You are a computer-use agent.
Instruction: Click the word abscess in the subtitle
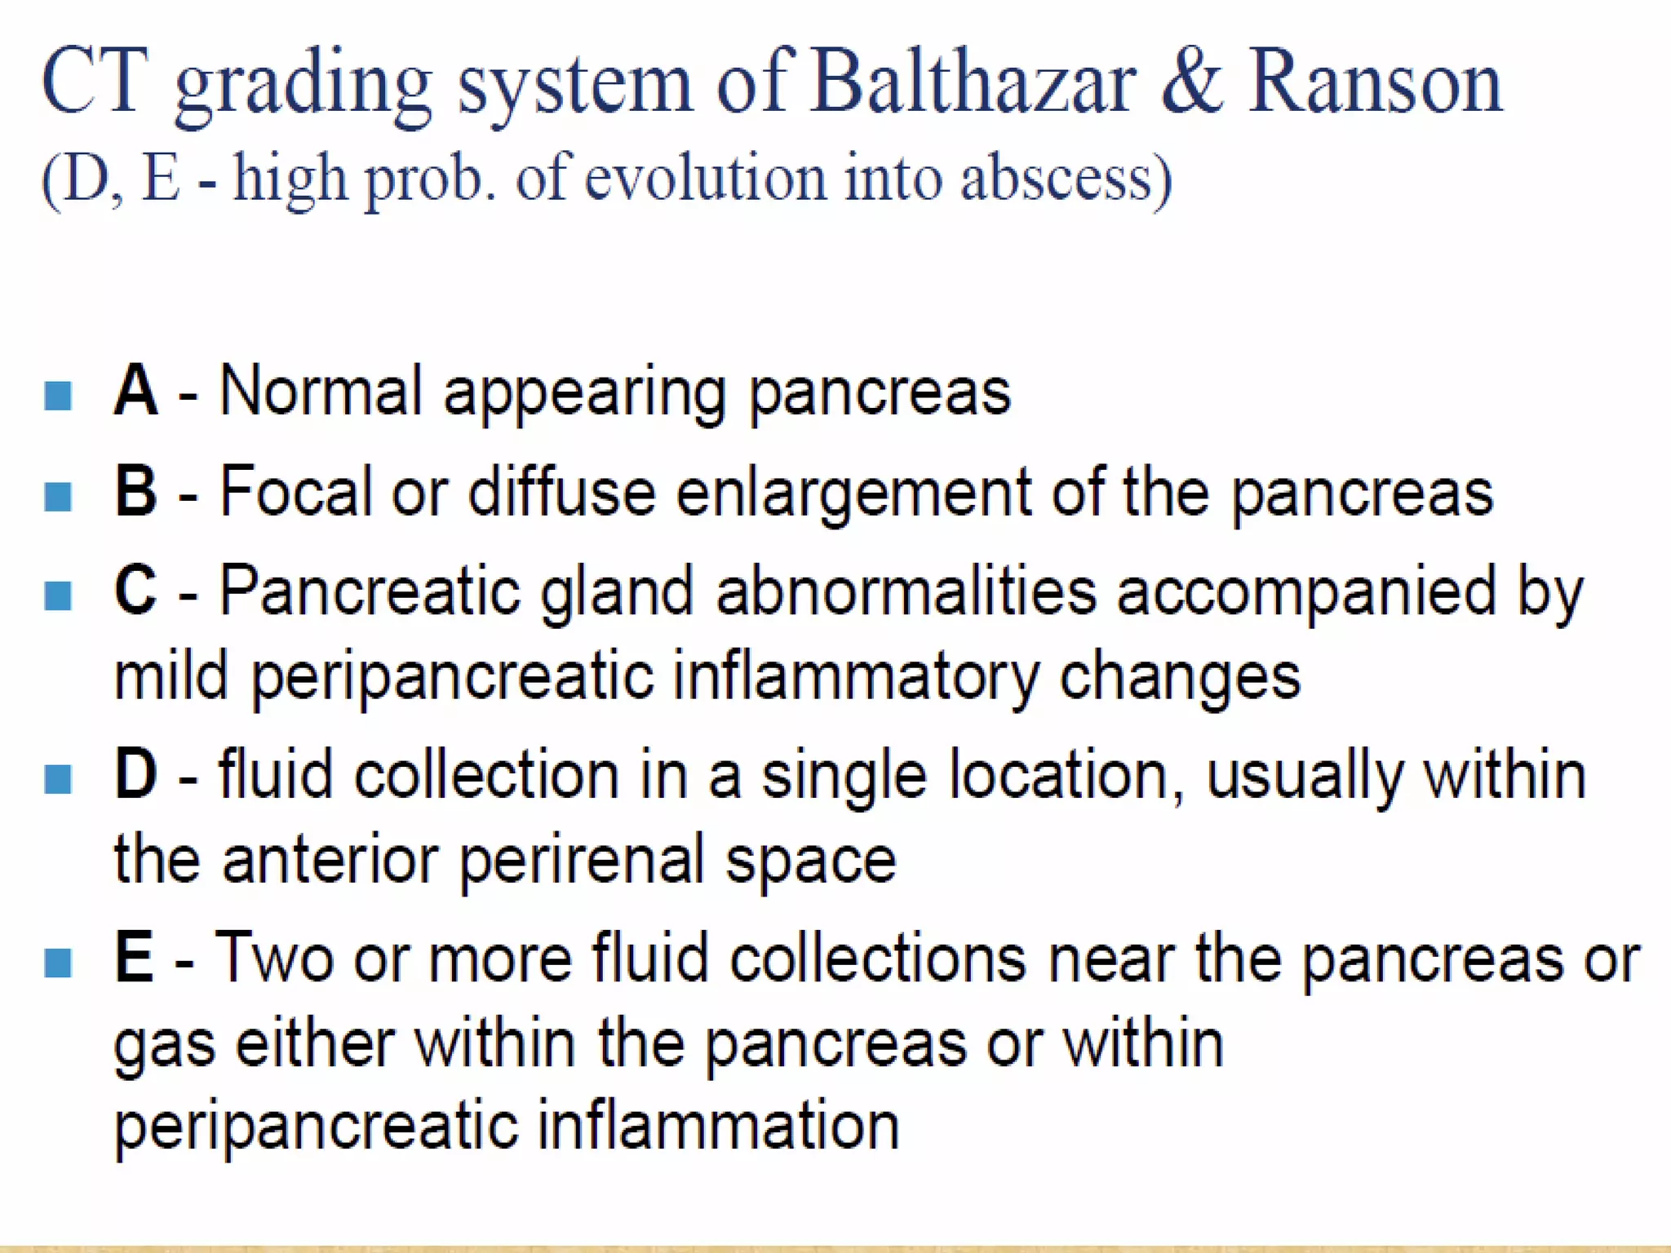[1065, 178]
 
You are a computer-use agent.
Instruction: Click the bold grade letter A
[135, 392]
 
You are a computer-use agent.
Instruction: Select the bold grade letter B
[135, 491]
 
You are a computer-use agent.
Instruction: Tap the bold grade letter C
[135, 591]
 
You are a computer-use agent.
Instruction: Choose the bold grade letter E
[134, 958]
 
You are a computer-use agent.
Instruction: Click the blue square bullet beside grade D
[58, 778]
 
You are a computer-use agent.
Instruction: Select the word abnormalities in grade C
[906, 591]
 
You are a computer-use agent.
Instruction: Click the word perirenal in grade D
[582, 861]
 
